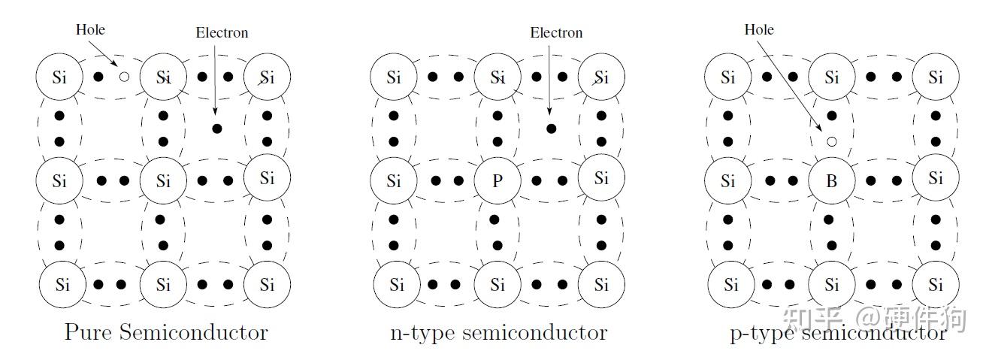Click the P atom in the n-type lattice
click(497, 180)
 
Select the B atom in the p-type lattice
click(831, 180)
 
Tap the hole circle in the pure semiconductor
click(124, 77)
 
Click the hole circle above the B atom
click(831, 141)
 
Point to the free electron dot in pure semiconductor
click(217, 129)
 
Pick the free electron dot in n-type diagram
click(552, 129)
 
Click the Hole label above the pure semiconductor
click(90, 30)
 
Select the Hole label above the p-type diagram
click(759, 30)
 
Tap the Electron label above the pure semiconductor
click(222, 33)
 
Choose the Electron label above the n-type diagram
click(556, 33)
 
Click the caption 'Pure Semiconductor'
click(166, 331)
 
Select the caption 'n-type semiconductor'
click(498, 331)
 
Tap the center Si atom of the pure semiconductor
click(163, 180)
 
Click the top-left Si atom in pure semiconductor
click(59, 77)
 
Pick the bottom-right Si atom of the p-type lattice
click(936, 285)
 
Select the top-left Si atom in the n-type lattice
click(394, 77)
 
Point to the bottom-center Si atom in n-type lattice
click(497, 285)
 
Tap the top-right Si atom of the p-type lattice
click(936, 77)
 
